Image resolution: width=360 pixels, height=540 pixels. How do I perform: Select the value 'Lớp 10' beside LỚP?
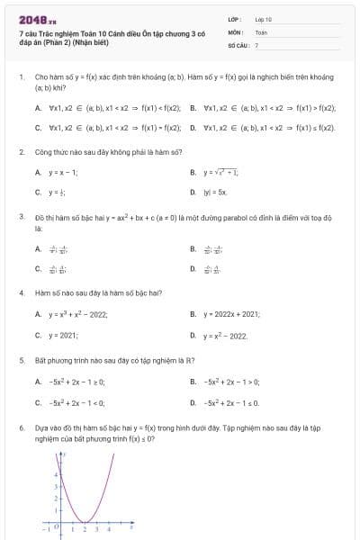pos(264,18)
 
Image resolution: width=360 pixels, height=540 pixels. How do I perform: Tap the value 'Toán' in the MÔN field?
pos(262,31)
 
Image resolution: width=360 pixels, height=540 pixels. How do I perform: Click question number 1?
pos(21,78)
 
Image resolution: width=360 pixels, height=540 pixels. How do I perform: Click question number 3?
pos(21,217)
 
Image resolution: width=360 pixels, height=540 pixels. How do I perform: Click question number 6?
pos(21,428)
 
